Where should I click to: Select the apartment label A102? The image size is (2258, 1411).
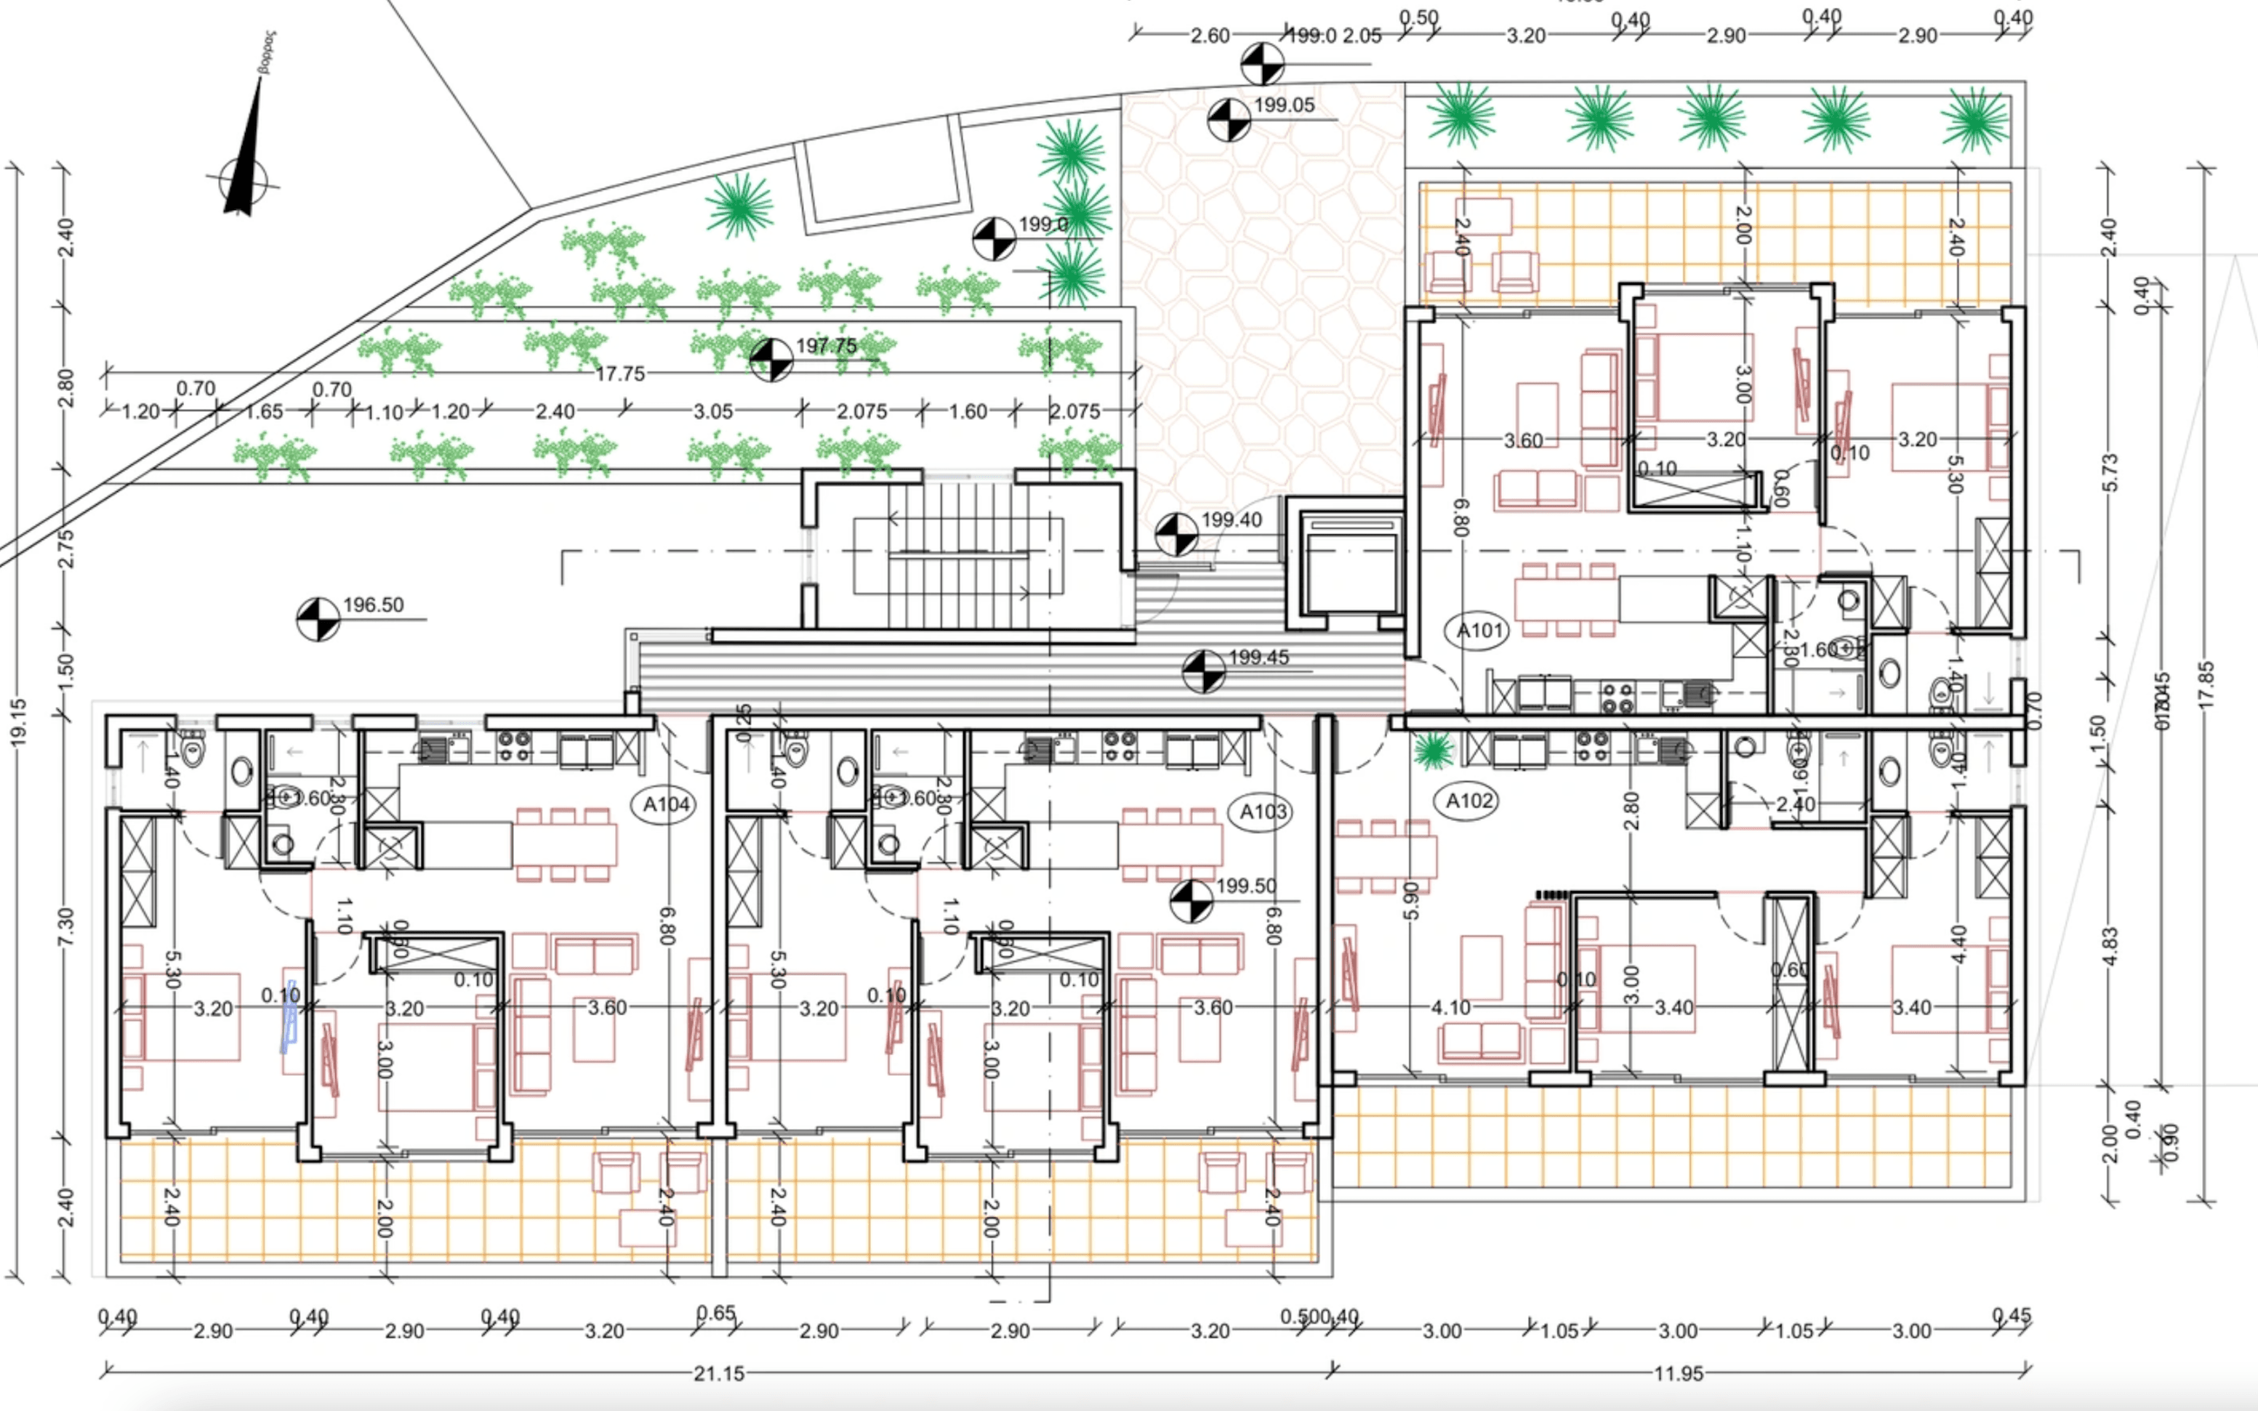point(1469,801)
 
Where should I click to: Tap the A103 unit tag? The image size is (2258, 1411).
point(1263,812)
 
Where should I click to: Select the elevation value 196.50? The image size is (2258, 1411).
point(374,605)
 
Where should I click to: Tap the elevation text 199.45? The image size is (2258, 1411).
point(1258,657)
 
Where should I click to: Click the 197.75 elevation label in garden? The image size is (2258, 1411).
point(826,345)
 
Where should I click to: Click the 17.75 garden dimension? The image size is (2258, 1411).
point(621,374)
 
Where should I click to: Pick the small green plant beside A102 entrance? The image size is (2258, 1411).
point(1432,749)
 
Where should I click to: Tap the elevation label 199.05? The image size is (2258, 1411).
point(1284,105)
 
